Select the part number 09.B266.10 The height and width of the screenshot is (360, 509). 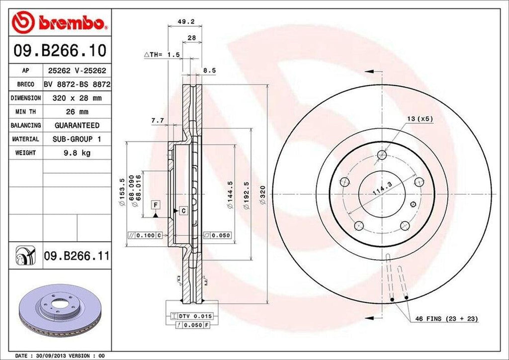tap(58, 51)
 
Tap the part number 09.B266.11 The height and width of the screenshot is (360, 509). tap(77, 257)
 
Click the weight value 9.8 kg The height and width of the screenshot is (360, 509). tap(77, 153)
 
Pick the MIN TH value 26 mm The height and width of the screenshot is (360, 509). tap(77, 112)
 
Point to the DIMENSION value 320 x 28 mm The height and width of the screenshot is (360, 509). tap(77, 98)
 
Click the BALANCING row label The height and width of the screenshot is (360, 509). tap(25, 125)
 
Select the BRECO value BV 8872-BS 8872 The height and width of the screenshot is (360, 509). tap(77, 85)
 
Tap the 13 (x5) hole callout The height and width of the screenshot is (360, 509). tap(417, 118)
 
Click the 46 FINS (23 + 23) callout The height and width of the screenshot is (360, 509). tap(450, 318)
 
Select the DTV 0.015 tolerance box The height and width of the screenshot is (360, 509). tap(188, 316)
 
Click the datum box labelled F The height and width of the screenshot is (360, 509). tap(155, 205)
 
